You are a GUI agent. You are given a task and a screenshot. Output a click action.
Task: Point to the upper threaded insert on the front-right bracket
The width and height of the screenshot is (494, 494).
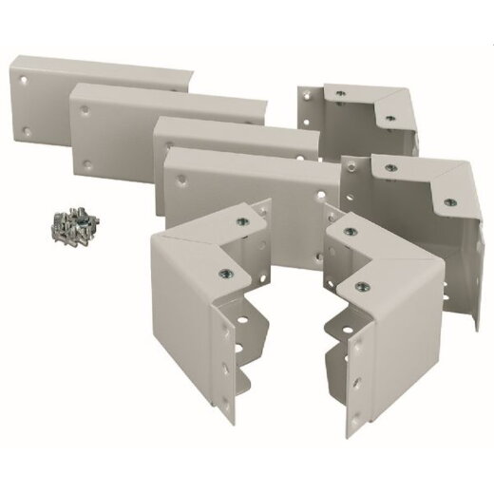(349, 231)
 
